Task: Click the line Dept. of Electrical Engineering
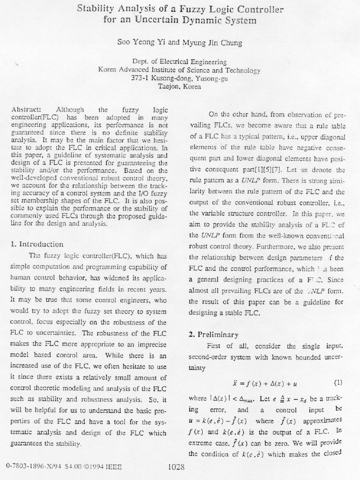coord(180,62)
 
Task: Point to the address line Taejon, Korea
coord(180,86)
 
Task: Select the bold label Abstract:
coord(26,109)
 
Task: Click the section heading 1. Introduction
coord(37,244)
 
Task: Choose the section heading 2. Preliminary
coord(214,335)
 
